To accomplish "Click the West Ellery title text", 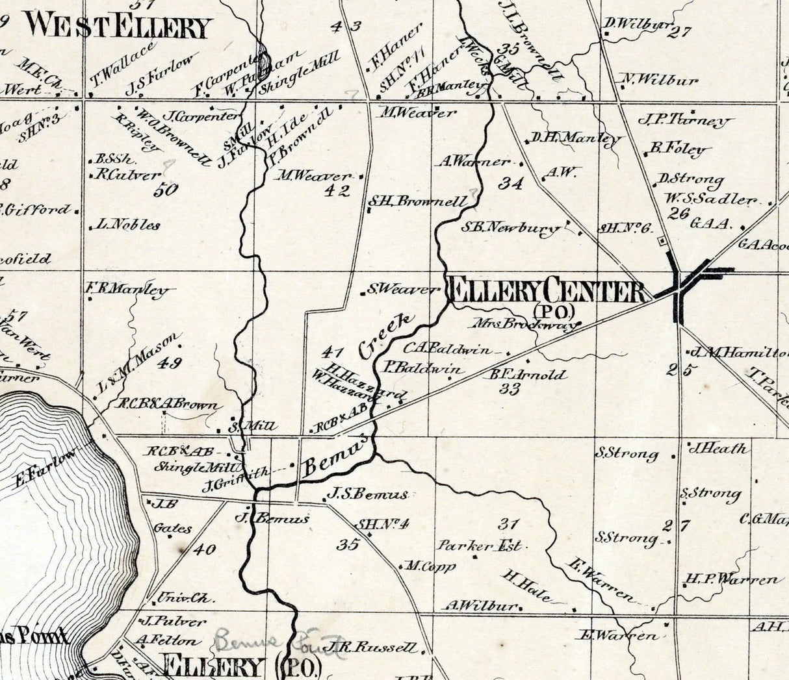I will click(x=120, y=27).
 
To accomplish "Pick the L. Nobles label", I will click(x=128, y=225).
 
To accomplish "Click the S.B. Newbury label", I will click(x=510, y=228).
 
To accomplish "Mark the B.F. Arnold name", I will click(x=526, y=375).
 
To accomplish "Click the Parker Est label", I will click(x=480, y=546).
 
